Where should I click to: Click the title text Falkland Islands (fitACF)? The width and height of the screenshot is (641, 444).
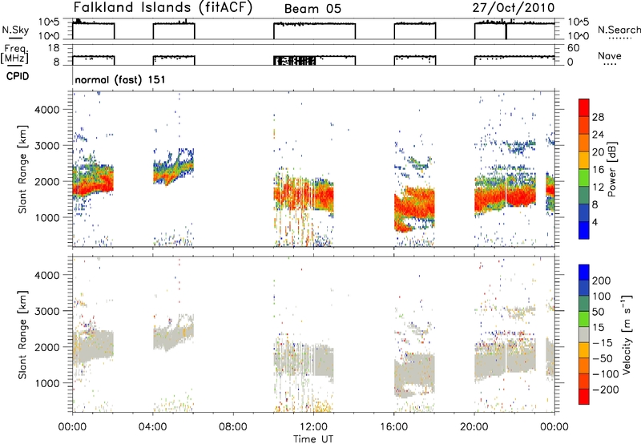(x=163, y=8)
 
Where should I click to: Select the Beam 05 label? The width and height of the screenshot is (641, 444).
(x=312, y=9)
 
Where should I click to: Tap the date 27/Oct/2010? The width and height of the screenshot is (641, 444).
(x=514, y=8)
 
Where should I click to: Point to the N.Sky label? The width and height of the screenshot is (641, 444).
(x=15, y=30)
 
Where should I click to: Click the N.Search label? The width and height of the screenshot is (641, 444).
(x=619, y=30)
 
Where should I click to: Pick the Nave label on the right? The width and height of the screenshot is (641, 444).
(x=610, y=56)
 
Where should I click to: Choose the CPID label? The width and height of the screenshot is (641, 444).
(x=18, y=76)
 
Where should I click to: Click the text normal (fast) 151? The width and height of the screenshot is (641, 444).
(x=120, y=79)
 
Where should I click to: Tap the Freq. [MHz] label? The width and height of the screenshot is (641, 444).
(x=15, y=54)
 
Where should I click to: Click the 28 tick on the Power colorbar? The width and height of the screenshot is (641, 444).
(x=598, y=117)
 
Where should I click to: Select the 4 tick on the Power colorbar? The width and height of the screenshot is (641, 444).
(x=595, y=222)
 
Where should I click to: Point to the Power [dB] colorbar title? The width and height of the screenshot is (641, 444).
(x=611, y=169)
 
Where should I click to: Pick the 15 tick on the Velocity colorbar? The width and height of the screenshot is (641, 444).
(x=598, y=328)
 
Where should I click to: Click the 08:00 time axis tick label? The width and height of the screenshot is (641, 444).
(x=233, y=427)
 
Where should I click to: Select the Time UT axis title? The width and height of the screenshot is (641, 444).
(x=313, y=439)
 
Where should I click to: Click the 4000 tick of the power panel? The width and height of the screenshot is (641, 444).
(x=47, y=110)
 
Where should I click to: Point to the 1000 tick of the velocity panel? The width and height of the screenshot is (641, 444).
(x=47, y=383)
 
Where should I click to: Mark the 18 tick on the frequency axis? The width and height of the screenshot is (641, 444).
(x=54, y=48)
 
